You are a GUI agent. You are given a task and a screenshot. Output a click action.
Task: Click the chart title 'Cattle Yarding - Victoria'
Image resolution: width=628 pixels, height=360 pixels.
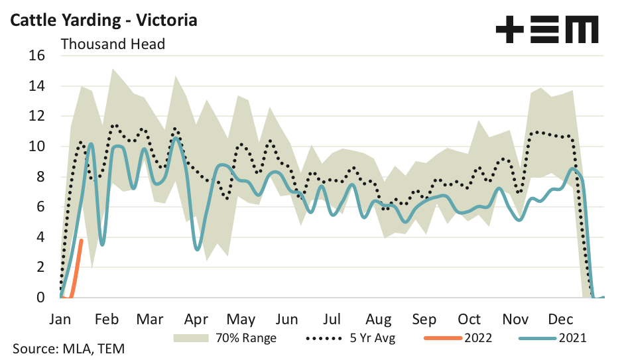click(x=103, y=20)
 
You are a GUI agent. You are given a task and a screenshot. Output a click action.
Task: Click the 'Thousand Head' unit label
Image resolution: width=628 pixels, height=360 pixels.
click(x=113, y=44)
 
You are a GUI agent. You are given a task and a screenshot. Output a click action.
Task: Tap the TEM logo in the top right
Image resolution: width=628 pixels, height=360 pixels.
click(x=547, y=30)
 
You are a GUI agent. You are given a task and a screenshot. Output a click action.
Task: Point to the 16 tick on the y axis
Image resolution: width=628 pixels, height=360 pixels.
click(x=37, y=56)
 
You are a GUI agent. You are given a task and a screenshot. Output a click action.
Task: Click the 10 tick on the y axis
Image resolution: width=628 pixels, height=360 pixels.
click(x=37, y=147)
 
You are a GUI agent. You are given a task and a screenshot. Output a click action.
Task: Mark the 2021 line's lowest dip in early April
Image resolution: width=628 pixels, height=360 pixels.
click(x=198, y=249)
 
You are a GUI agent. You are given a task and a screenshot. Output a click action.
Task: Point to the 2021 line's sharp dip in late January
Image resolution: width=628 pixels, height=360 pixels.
click(x=102, y=245)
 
